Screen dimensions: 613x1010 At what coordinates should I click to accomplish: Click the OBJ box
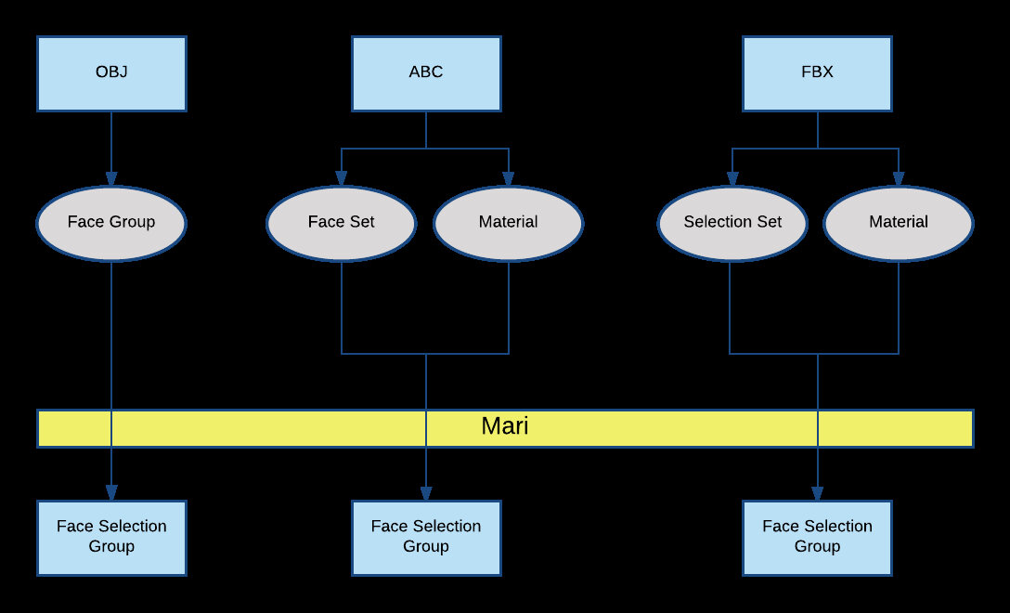[111, 73]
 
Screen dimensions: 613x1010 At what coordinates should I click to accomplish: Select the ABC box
[426, 73]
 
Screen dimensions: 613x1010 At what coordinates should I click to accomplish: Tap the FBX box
[817, 73]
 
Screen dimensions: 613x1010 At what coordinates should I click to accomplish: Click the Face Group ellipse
[111, 223]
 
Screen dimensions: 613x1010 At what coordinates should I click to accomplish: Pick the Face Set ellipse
[341, 223]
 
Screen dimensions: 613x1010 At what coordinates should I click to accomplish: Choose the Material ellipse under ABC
[508, 223]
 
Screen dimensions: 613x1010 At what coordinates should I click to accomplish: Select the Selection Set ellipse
[732, 223]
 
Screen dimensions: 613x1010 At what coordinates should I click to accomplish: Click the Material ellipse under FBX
[898, 223]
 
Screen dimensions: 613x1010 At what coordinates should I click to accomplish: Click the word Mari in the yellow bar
[505, 427]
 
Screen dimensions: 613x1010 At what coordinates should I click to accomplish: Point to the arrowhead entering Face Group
[111, 179]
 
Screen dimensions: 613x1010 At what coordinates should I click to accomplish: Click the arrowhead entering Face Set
[341, 179]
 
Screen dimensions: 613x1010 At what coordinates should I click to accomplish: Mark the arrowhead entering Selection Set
[731, 179]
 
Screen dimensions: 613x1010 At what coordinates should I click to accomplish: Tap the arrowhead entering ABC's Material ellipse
[508, 179]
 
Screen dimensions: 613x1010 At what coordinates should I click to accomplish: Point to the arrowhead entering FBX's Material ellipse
[898, 179]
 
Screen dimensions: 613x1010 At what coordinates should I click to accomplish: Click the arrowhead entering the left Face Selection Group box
[111, 493]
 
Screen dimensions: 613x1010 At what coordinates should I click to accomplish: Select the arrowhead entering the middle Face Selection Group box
[426, 493]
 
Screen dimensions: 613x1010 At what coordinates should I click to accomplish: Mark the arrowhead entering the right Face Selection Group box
[817, 493]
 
